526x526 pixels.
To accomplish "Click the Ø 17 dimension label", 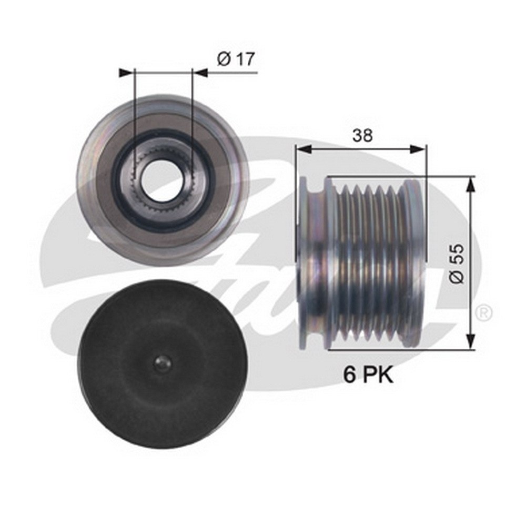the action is click(x=236, y=59).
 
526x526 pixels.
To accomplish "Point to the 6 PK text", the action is click(x=368, y=375).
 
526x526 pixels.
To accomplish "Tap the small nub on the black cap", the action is click(x=163, y=363).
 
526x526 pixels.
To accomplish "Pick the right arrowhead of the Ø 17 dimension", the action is click(x=199, y=73).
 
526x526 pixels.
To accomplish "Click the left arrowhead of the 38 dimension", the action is click(x=304, y=149).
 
